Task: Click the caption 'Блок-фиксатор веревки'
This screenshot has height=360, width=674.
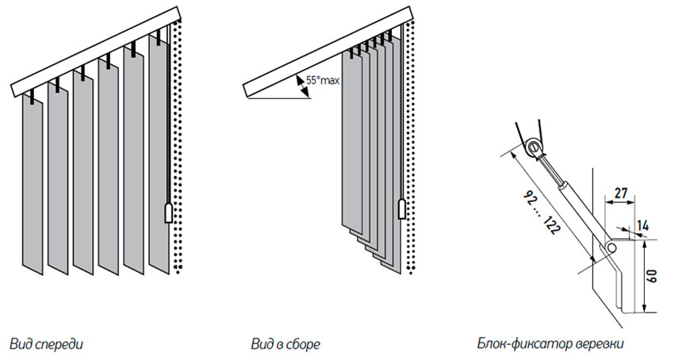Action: point(550,345)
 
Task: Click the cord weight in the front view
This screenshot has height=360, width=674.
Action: point(168,212)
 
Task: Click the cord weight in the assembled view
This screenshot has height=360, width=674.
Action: point(402,209)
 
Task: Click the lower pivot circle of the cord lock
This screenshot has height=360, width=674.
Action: point(611,249)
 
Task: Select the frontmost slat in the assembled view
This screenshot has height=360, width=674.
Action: point(350,143)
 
